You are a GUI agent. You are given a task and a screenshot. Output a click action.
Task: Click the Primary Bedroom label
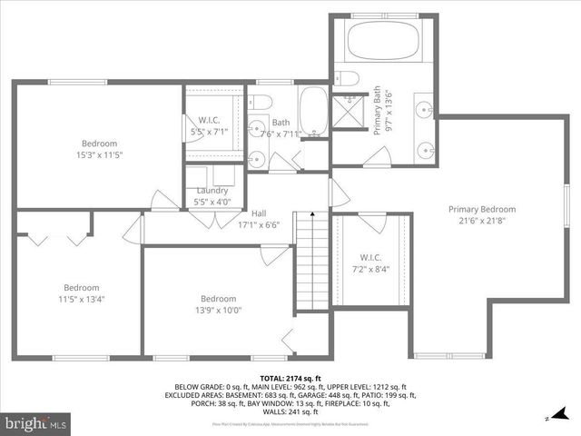481,209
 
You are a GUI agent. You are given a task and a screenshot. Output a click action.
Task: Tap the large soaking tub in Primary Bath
381,40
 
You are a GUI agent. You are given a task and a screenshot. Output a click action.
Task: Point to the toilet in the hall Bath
258,101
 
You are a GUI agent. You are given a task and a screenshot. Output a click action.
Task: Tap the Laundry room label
212,191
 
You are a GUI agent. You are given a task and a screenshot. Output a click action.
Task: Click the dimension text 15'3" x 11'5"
99,155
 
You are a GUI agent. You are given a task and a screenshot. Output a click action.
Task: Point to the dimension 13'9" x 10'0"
218,311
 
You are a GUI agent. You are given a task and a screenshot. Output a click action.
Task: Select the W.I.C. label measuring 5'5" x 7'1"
210,120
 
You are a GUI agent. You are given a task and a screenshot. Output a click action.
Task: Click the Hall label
259,213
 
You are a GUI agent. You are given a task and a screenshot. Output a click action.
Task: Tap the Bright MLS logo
36,423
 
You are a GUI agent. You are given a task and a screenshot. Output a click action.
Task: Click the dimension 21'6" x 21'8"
481,221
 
